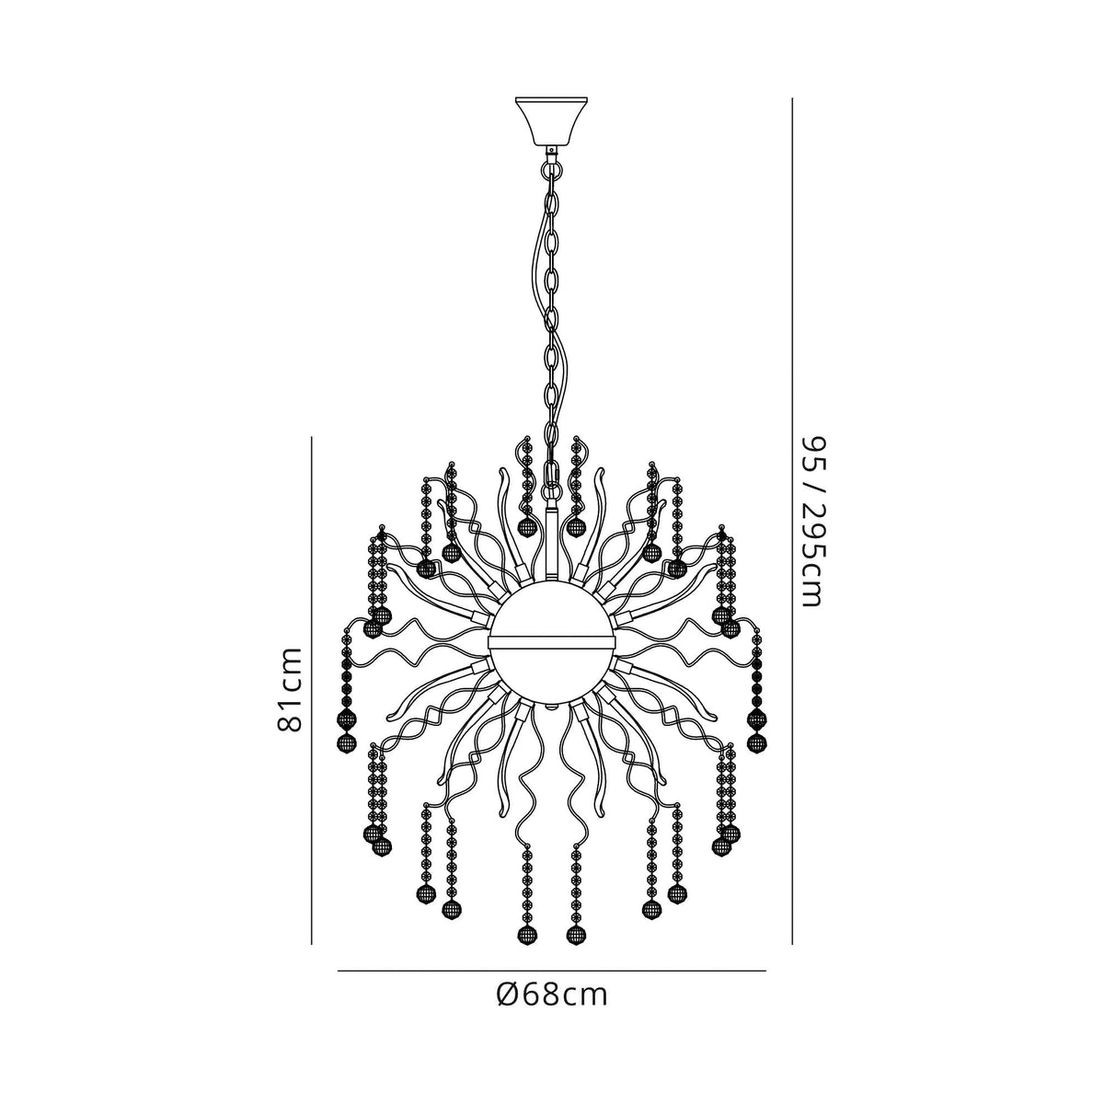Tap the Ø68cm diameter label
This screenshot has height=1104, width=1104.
[x=551, y=995]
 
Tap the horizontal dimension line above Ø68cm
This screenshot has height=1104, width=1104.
[x=551, y=971]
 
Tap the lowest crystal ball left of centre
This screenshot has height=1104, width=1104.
[x=527, y=937]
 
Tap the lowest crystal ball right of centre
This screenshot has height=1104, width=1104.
[x=577, y=937]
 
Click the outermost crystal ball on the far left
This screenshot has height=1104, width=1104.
[x=347, y=743]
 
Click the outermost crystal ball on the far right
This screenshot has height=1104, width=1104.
[x=757, y=743]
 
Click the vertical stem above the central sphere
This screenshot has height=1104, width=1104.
[x=552, y=543]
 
